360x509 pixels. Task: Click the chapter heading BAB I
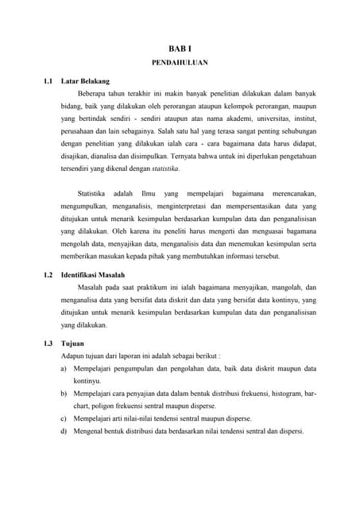point(179,49)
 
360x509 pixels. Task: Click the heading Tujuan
point(72,343)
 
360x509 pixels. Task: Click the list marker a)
point(64,369)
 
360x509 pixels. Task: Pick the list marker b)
point(64,394)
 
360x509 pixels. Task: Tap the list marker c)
point(64,418)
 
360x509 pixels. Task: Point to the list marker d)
point(64,431)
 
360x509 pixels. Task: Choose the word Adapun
point(74,356)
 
